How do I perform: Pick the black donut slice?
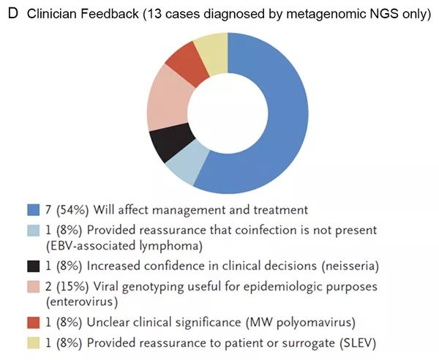(165, 144)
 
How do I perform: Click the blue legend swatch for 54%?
(32, 211)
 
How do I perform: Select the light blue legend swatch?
(32, 230)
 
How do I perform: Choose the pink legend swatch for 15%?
(32, 284)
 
